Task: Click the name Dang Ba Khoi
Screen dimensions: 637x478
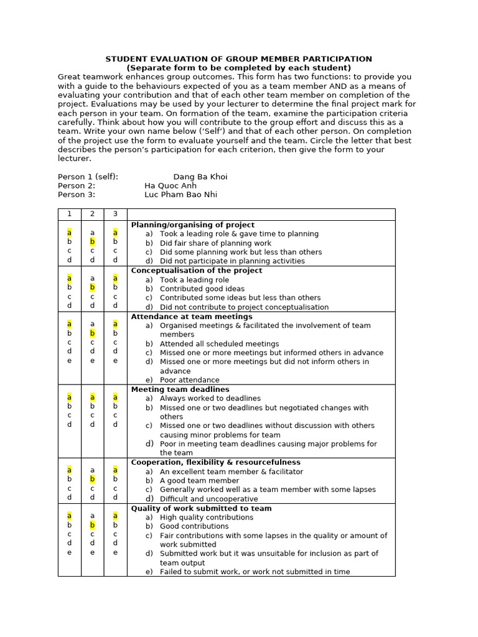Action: (x=200, y=177)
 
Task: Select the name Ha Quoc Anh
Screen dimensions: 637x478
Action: (x=170, y=185)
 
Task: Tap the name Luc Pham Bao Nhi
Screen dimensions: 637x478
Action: (x=180, y=195)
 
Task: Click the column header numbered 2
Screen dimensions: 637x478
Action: (x=92, y=215)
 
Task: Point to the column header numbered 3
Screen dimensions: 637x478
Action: (x=115, y=215)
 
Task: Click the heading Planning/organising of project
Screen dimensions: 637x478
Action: (x=192, y=225)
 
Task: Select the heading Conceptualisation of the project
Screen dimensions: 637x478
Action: (x=196, y=271)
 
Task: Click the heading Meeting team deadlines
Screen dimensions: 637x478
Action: (x=180, y=389)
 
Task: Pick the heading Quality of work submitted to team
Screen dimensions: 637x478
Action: (x=201, y=508)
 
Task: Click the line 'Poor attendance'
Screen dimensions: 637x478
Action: (x=189, y=380)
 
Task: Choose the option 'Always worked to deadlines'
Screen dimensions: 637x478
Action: (x=210, y=398)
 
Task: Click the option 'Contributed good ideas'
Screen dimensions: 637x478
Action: (x=202, y=289)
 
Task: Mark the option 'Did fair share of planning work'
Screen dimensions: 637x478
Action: (x=215, y=243)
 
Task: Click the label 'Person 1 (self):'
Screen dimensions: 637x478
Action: (x=88, y=177)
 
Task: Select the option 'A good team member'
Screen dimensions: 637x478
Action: (x=199, y=481)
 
